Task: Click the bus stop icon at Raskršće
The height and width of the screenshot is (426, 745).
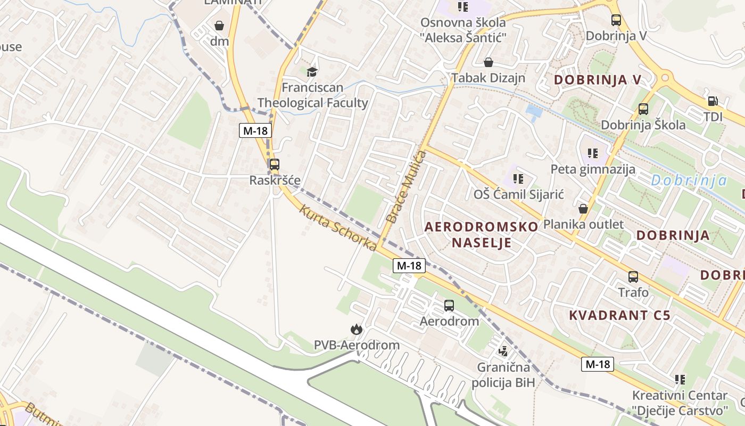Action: coord(275,165)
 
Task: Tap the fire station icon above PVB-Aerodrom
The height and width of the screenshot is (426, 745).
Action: coord(356,330)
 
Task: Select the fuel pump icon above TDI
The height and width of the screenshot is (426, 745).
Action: coord(712,101)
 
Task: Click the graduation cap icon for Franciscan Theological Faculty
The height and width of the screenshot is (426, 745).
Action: coord(312,71)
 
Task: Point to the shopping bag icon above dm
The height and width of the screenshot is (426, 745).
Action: coord(219,25)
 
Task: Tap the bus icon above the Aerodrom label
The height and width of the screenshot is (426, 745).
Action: coord(449,306)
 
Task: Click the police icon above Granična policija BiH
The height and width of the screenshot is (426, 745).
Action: coord(503,351)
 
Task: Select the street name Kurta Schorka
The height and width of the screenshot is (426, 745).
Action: coord(338,227)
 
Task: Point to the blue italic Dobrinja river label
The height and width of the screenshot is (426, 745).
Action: coord(689,181)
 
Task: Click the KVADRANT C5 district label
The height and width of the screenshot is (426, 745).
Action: coord(619,315)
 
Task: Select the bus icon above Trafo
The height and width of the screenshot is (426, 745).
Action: coord(633,277)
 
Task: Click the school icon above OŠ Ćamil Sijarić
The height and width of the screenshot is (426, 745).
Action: coord(518,178)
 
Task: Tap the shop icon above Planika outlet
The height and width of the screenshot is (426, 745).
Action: coord(583,208)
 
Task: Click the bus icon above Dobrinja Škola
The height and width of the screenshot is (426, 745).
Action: coord(643,109)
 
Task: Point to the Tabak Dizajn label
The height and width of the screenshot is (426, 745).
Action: coord(488,78)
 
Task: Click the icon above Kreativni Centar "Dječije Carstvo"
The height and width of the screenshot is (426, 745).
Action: coord(680,380)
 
